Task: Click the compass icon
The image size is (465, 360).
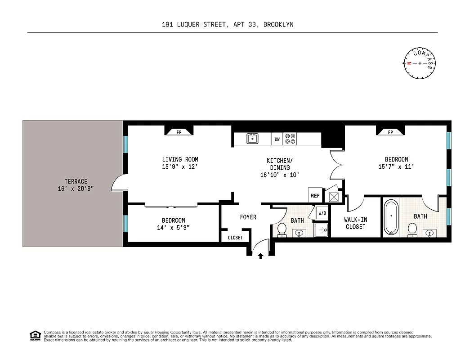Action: (420, 63)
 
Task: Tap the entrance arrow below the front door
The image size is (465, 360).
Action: (260, 256)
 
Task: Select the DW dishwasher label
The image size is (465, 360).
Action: (277, 139)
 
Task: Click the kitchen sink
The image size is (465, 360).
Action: (253, 139)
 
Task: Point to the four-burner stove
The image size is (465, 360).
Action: (291, 139)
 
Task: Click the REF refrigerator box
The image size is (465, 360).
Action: (315, 196)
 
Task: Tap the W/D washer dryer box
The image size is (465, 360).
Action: (322, 213)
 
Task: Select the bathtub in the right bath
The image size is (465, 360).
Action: (391, 217)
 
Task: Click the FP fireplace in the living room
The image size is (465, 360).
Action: (179, 131)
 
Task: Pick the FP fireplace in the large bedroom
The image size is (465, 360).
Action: (390, 131)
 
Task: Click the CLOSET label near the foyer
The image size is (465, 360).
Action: (235, 238)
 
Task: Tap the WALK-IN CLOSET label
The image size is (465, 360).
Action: (355, 223)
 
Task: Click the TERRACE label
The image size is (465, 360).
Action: (76, 185)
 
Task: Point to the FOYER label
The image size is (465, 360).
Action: (248, 217)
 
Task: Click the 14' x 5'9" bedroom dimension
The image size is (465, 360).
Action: (173, 228)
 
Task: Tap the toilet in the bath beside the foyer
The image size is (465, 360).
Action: (282, 229)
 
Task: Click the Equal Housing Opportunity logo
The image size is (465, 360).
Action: (35, 335)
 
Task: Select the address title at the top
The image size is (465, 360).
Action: (228, 25)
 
